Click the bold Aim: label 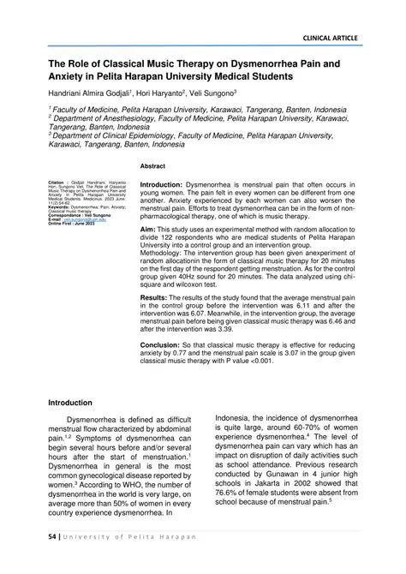pos(148,231)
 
